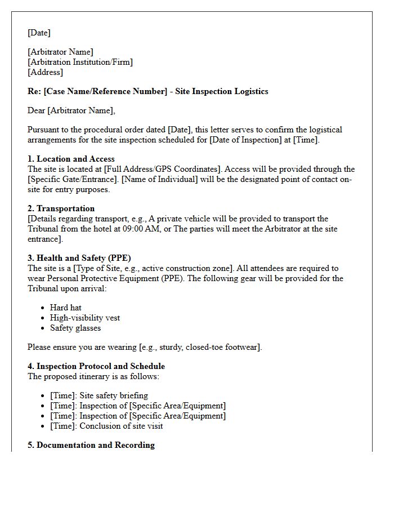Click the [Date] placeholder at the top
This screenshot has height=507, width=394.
click(x=39, y=33)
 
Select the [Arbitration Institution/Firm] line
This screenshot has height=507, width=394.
click(x=80, y=62)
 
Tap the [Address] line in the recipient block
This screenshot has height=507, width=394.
click(x=45, y=72)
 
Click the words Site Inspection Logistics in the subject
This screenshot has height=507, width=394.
click(x=222, y=91)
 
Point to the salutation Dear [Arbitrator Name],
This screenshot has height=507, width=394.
click(x=71, y=110)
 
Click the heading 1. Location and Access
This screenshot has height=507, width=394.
click(x=71, y=159)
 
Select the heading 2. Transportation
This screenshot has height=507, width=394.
click(x=62, y=208)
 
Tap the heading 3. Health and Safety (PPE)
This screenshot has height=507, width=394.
click(x=79, y=258)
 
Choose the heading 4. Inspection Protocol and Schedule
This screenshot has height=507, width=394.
click(x=96, y=366)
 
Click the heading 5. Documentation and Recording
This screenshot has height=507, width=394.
click(x=91, y=445)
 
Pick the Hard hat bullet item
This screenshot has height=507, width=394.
click(x=66, y=308)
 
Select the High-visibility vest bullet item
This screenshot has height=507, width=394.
click(x=85, y=318)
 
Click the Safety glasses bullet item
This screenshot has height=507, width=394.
click(x=75, y=328)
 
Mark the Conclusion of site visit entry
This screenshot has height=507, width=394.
click(x=121, y=426)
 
